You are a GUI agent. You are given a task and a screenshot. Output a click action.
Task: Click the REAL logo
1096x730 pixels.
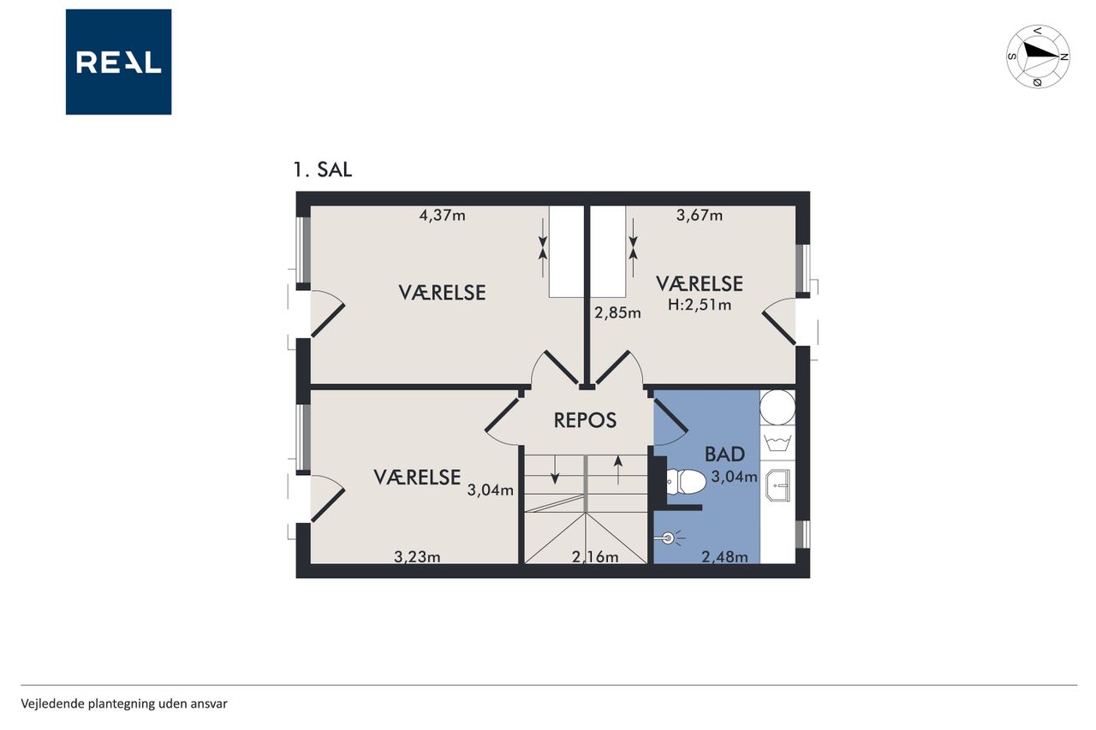point(118,62)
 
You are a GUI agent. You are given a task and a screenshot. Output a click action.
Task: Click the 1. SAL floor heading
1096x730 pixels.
point(323,169)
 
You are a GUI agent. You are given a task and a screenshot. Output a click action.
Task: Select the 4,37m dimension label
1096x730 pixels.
point(443,215)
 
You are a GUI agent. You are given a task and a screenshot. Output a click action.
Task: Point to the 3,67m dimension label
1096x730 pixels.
point(700,215)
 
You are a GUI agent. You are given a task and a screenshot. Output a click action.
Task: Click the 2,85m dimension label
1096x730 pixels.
point(617,312)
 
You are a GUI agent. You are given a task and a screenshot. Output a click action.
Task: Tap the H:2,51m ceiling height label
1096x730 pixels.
point(700,306)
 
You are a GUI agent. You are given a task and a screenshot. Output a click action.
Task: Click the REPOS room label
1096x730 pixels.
point(585,420)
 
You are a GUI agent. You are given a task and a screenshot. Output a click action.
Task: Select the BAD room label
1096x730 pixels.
point(724,454)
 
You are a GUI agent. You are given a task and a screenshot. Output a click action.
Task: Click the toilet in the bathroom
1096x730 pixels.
point(686,482)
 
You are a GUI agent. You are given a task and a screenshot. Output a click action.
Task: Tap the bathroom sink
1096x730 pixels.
point(778,485)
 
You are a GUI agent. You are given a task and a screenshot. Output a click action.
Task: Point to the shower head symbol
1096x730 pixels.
point(669,538)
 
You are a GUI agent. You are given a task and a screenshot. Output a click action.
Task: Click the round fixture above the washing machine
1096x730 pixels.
point(777,407)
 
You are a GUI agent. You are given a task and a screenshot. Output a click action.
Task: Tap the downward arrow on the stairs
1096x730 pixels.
point(555,469)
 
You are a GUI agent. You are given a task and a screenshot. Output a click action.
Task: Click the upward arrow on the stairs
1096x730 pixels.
point(618,470)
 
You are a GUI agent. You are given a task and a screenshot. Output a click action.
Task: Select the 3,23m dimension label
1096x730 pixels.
point(417,557)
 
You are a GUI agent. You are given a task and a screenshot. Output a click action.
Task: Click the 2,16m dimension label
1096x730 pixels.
point(595,557)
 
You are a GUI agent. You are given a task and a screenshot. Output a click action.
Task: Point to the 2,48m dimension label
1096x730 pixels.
point(724,557)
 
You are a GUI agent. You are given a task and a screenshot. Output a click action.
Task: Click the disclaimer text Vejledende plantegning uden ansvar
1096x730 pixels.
point(124,704)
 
